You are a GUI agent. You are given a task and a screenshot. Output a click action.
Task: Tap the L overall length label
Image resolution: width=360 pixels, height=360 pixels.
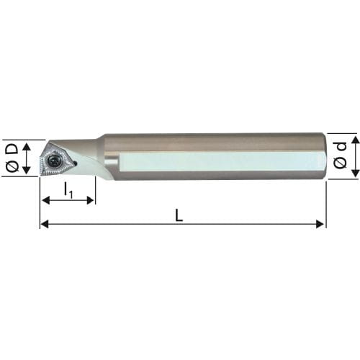pyautogui.click(x=179, y=215)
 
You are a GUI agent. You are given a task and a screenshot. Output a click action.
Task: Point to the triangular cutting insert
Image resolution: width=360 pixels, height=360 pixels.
pyautogui.click(x=55, y=160)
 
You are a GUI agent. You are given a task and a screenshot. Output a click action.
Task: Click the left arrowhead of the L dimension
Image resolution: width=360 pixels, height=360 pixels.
pyautogui.click(x=45, y=224)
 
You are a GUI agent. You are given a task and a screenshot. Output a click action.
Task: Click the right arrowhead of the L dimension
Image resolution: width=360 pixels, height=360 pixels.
pyautogui.click(x=320, y=224)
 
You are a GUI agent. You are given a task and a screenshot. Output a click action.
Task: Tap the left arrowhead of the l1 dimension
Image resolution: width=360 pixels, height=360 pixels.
pyautogui.click(x=46, y=200)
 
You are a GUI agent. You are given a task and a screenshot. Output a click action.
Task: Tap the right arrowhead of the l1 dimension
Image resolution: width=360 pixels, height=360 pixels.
pyautogui.click(x=90, y=200)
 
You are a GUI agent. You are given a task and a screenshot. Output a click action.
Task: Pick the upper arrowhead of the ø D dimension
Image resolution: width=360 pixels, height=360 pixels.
pyautogui.click(x=27, y=146)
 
